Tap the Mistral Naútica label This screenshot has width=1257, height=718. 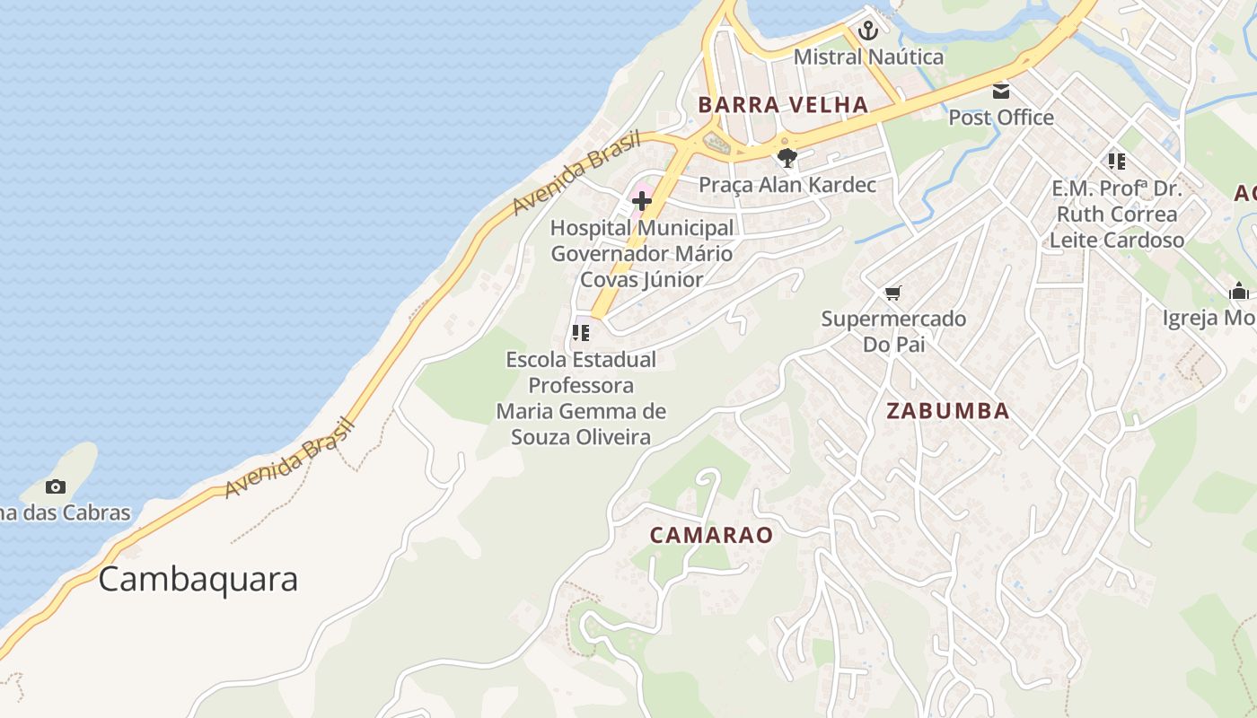click(868, 57)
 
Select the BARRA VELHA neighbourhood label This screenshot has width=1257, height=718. click(783, 105)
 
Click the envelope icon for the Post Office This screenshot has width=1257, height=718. click(1001, 92)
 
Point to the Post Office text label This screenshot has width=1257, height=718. click(1001, 118)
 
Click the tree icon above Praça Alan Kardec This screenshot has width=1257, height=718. click(787, 159)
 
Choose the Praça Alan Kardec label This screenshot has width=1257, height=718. click(787, 185)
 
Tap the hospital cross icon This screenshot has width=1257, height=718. click(642, 201)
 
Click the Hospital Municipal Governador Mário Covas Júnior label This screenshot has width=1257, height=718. click(642, 254)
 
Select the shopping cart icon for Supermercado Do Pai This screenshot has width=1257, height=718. click(892, 293)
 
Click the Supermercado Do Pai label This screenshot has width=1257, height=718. click(893, 331)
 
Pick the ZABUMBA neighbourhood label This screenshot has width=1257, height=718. click(947, 412)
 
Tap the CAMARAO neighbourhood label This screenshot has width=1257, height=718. click(711, 536)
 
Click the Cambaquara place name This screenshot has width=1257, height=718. click(198, 580)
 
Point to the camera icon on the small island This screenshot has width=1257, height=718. click(56, 487)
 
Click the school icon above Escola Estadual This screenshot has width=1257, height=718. click(581, 333)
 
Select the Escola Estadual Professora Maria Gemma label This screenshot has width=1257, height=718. click(581, 398)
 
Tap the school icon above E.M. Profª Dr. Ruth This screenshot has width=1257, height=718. click(1116, 162)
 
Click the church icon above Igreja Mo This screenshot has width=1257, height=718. click(1239, 292)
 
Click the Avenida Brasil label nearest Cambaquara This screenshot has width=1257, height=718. click(289, 459)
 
